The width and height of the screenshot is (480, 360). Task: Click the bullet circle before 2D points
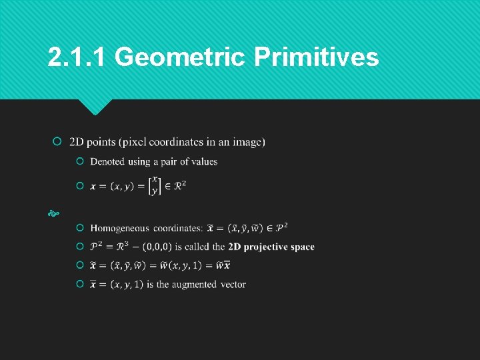coord(57,142)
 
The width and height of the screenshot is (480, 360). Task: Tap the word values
coord(204,161)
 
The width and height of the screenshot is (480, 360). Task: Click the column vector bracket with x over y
coord(155,185)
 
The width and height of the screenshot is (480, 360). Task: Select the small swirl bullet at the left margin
coord(53,214)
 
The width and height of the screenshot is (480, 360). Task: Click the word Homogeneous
coord(119,228)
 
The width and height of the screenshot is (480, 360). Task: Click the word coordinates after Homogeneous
coord(178,228)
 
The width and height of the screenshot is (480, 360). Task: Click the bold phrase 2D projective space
coord(271,247)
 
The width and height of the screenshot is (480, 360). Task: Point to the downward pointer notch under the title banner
coord(95,106)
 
